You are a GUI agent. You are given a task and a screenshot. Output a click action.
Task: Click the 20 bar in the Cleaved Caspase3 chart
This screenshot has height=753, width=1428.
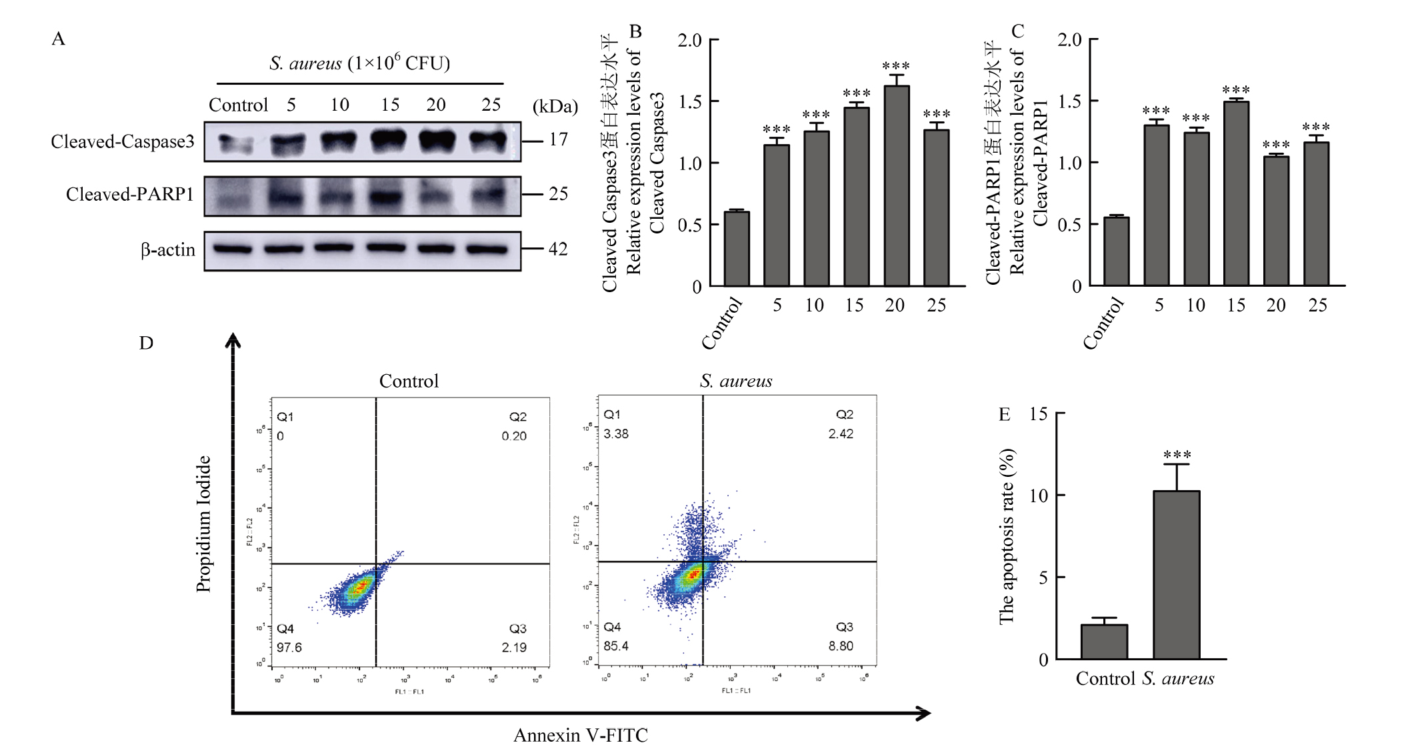point(896,187)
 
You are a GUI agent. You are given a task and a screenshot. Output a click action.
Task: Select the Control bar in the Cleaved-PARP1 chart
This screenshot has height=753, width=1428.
point(1116,252)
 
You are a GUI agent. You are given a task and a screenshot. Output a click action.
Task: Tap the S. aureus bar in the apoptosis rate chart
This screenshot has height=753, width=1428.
point(1176,575)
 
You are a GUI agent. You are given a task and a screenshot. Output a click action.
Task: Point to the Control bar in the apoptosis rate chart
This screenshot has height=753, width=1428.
point(1104,642)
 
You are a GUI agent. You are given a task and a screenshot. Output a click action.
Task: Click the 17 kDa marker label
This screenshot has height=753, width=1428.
point(558,140)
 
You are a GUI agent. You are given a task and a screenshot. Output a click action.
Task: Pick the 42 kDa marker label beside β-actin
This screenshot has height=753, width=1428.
point(558,249)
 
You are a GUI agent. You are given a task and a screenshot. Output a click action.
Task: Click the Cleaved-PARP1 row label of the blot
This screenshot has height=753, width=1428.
point(130,195)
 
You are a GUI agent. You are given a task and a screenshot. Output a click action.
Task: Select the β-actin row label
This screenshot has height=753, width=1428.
point(168,250)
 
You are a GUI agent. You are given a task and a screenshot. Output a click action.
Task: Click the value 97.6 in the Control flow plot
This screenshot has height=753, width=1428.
point(289,648)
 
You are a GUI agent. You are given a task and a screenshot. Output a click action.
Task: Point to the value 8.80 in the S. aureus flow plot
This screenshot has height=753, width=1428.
point(841,646)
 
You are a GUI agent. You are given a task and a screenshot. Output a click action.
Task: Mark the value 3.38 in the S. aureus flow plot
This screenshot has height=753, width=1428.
point(616,434)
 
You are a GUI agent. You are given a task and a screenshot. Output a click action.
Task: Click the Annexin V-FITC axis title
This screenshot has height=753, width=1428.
point(580,736)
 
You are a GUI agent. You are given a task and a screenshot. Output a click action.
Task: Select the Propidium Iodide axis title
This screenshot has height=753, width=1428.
point(203,524)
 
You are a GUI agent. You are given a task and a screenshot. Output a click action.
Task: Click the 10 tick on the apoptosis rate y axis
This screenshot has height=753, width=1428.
point(1038,496)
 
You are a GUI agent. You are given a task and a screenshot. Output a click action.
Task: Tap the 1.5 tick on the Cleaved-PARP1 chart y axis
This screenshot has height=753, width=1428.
point(1069,101)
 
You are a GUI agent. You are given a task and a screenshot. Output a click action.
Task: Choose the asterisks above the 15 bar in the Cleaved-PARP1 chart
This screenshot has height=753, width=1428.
point(1235,90)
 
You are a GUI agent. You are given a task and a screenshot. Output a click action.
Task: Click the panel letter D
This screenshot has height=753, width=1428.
point(146,343)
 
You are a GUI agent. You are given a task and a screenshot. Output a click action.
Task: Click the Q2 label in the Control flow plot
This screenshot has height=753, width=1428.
point(518,417)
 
